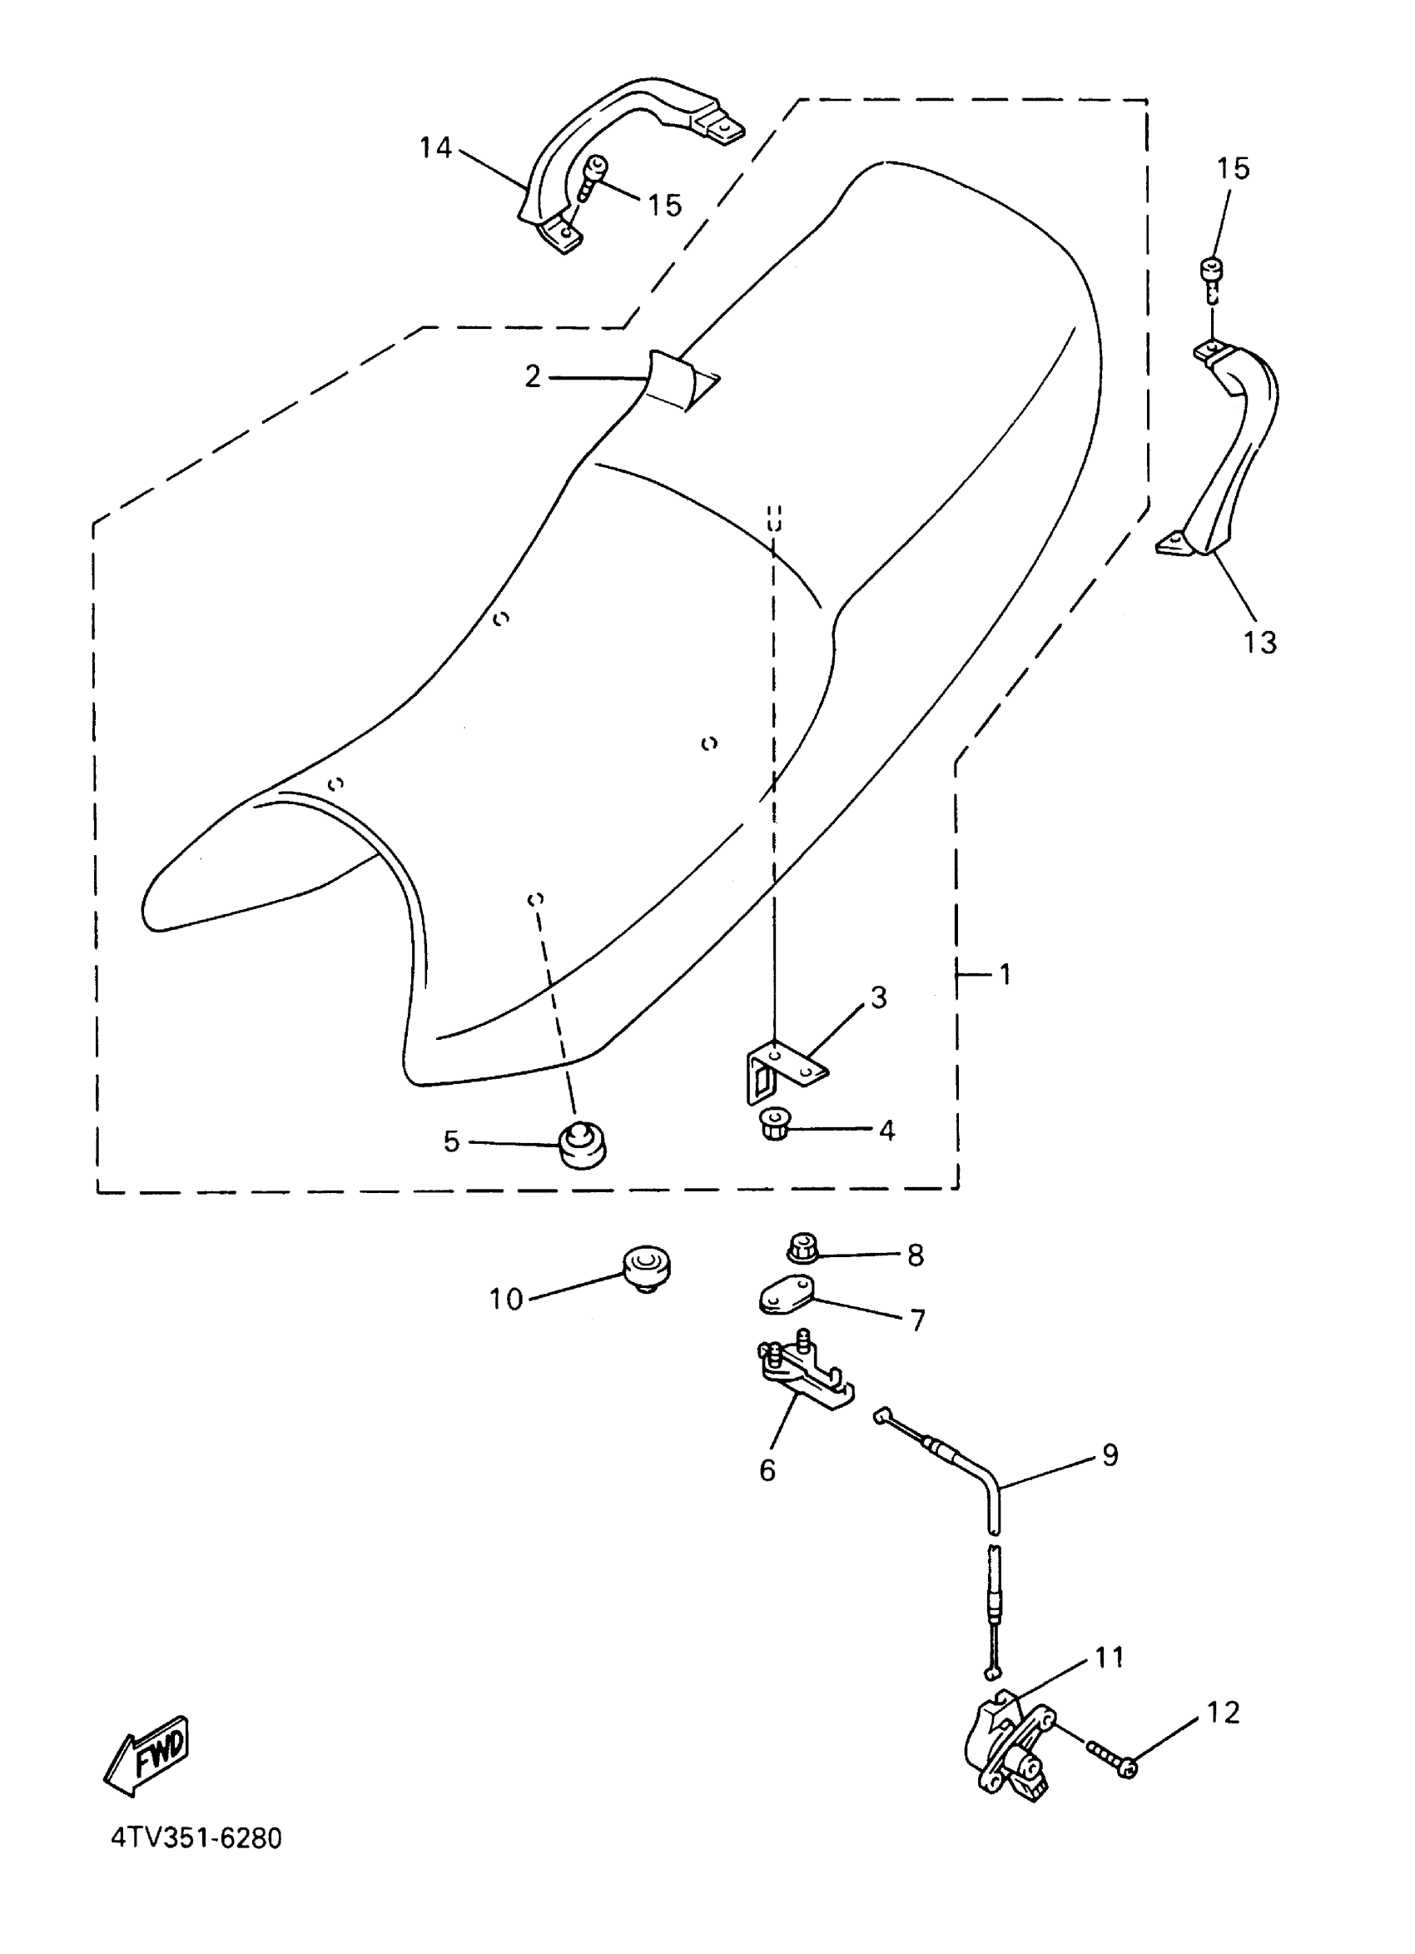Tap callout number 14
coord(435,148)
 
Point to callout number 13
coord(1259,642)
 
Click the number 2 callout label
coord(533,376)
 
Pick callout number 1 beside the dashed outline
coord(1005,974)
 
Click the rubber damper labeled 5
coord(583,1145)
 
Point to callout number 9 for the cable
coord(1110,1454)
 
